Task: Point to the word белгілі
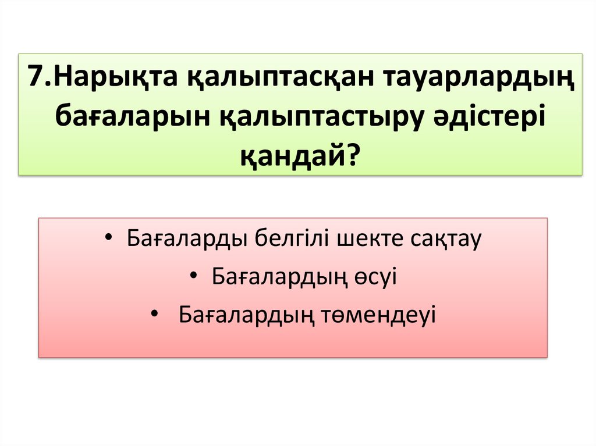[285, 239]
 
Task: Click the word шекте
[360, 239]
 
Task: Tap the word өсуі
[374, 277]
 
